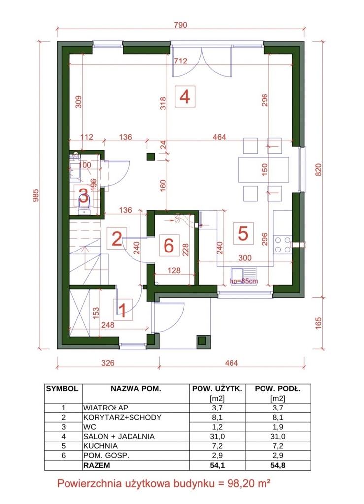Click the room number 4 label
pos(184,96)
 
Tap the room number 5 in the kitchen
pos(243,233)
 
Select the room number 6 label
pos(169,246)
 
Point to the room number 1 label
pos(122,310)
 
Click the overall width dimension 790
pos(180,25)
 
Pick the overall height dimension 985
pos(35,195)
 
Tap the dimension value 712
pos(180,61)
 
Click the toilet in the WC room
pos(84,206)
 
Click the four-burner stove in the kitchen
pos(282,245)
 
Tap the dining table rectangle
pos(264,169)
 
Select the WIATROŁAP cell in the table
pos(105,408)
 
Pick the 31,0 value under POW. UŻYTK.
pos(217,437)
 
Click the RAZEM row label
pos(97,465)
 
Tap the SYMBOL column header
pos(62,389)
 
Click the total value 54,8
pos(278,465)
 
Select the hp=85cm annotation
pos(244,281)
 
